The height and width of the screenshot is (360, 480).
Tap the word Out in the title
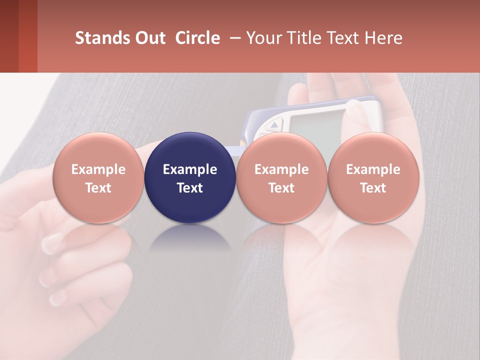pyautogui.click(x=148, y=38)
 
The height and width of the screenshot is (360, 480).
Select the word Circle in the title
pyautogui.click(x=197, y=38)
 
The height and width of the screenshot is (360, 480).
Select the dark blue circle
pyautogui.click(x=190, y=177)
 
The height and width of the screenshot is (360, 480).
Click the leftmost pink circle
pyautogui.click(x=98, y=177)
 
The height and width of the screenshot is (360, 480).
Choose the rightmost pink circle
pyautogui.click(x=373, y=177)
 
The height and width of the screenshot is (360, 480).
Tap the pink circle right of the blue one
pyautogui.click(x=281, y=177)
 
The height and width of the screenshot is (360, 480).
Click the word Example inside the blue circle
pyautogui.click(x=190, y=169)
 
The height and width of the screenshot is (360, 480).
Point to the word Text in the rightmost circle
pyautogui.click(x=373, y=188)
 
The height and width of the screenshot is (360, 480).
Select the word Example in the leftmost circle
pyautogui.click(x=98, y=169)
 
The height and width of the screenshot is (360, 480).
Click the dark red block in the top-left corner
pyautogui.click(x=18, y=36)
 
